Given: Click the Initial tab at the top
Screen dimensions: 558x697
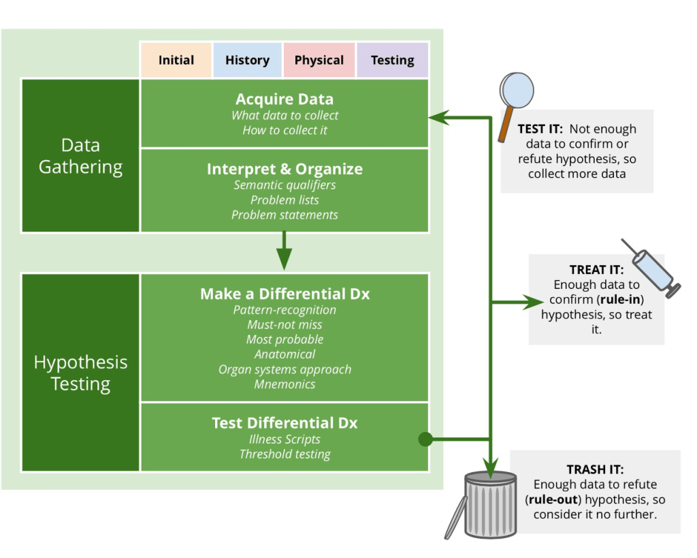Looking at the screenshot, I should [x=176, y=60].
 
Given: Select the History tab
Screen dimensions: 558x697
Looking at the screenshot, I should [x=247, y=60].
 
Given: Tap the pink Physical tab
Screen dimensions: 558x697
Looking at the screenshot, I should [x=319, y=60].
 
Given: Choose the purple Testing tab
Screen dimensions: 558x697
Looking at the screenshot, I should [x=393, y=60].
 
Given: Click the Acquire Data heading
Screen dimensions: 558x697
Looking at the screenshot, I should [x=285, y=99].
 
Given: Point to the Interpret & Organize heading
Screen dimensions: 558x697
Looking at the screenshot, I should [x=285, y=169].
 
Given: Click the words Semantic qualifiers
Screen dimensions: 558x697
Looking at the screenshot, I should [x=285, y=185].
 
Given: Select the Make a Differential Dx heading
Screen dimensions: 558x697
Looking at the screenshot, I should [x=285, y=294].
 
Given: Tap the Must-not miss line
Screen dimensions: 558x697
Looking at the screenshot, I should [x=285, y=324].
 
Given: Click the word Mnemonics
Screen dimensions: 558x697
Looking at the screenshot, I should [x=285, y=384].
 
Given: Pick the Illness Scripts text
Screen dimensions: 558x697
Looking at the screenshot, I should [x=285, y=439].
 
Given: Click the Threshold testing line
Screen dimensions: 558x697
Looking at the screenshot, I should [x=285, y=454].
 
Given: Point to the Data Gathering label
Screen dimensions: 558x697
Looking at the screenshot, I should [x=80, y=156].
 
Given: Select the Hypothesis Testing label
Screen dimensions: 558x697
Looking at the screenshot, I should [x=80, y=373].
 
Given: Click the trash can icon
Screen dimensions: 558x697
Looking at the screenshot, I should [x=490, y=504].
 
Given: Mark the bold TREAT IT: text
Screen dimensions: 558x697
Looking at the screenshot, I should [x=596, y=270].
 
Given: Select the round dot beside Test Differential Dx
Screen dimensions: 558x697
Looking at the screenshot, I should [x=425, y=439].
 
